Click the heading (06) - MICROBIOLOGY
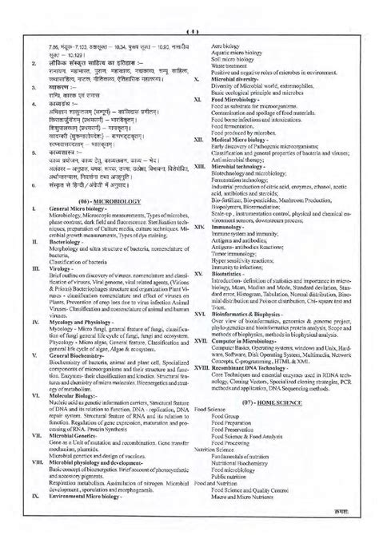click(97, 216)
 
